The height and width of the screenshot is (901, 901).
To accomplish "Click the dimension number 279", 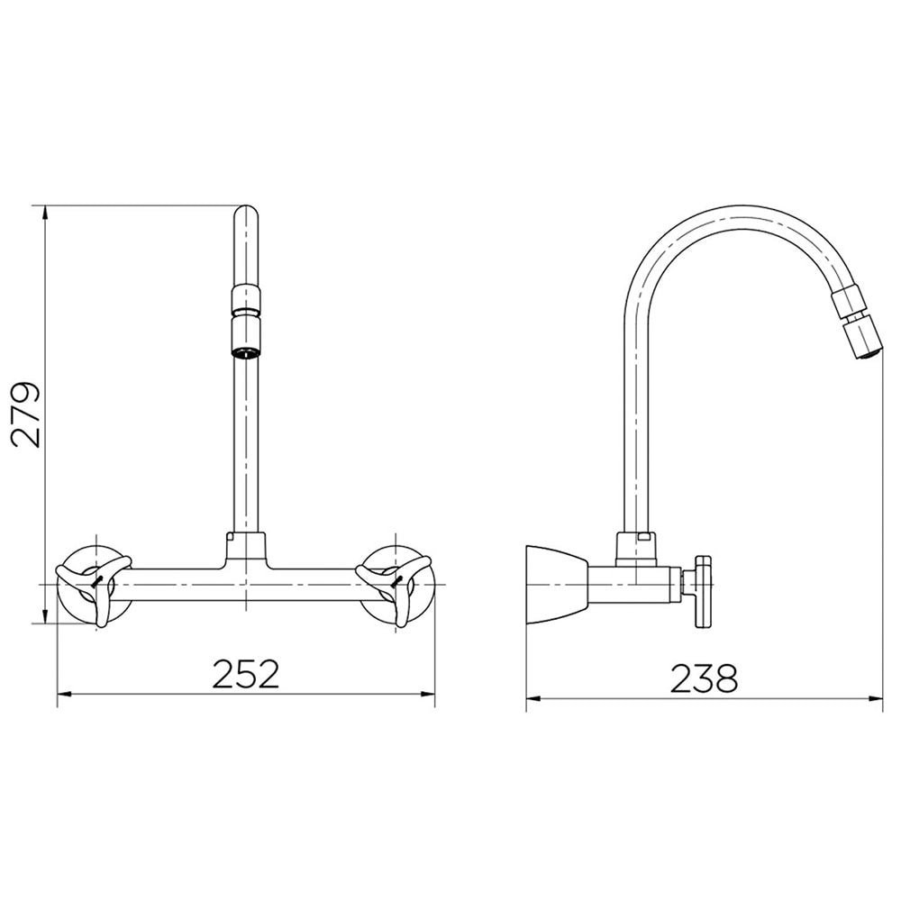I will coord(26,414).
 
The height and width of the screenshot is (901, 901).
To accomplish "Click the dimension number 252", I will coord(246,674).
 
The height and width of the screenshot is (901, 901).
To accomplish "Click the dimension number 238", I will coord(704,678).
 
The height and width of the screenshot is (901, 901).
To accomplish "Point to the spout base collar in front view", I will coord(246,546).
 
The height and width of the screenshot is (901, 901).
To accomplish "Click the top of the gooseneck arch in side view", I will coord(721,209).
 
